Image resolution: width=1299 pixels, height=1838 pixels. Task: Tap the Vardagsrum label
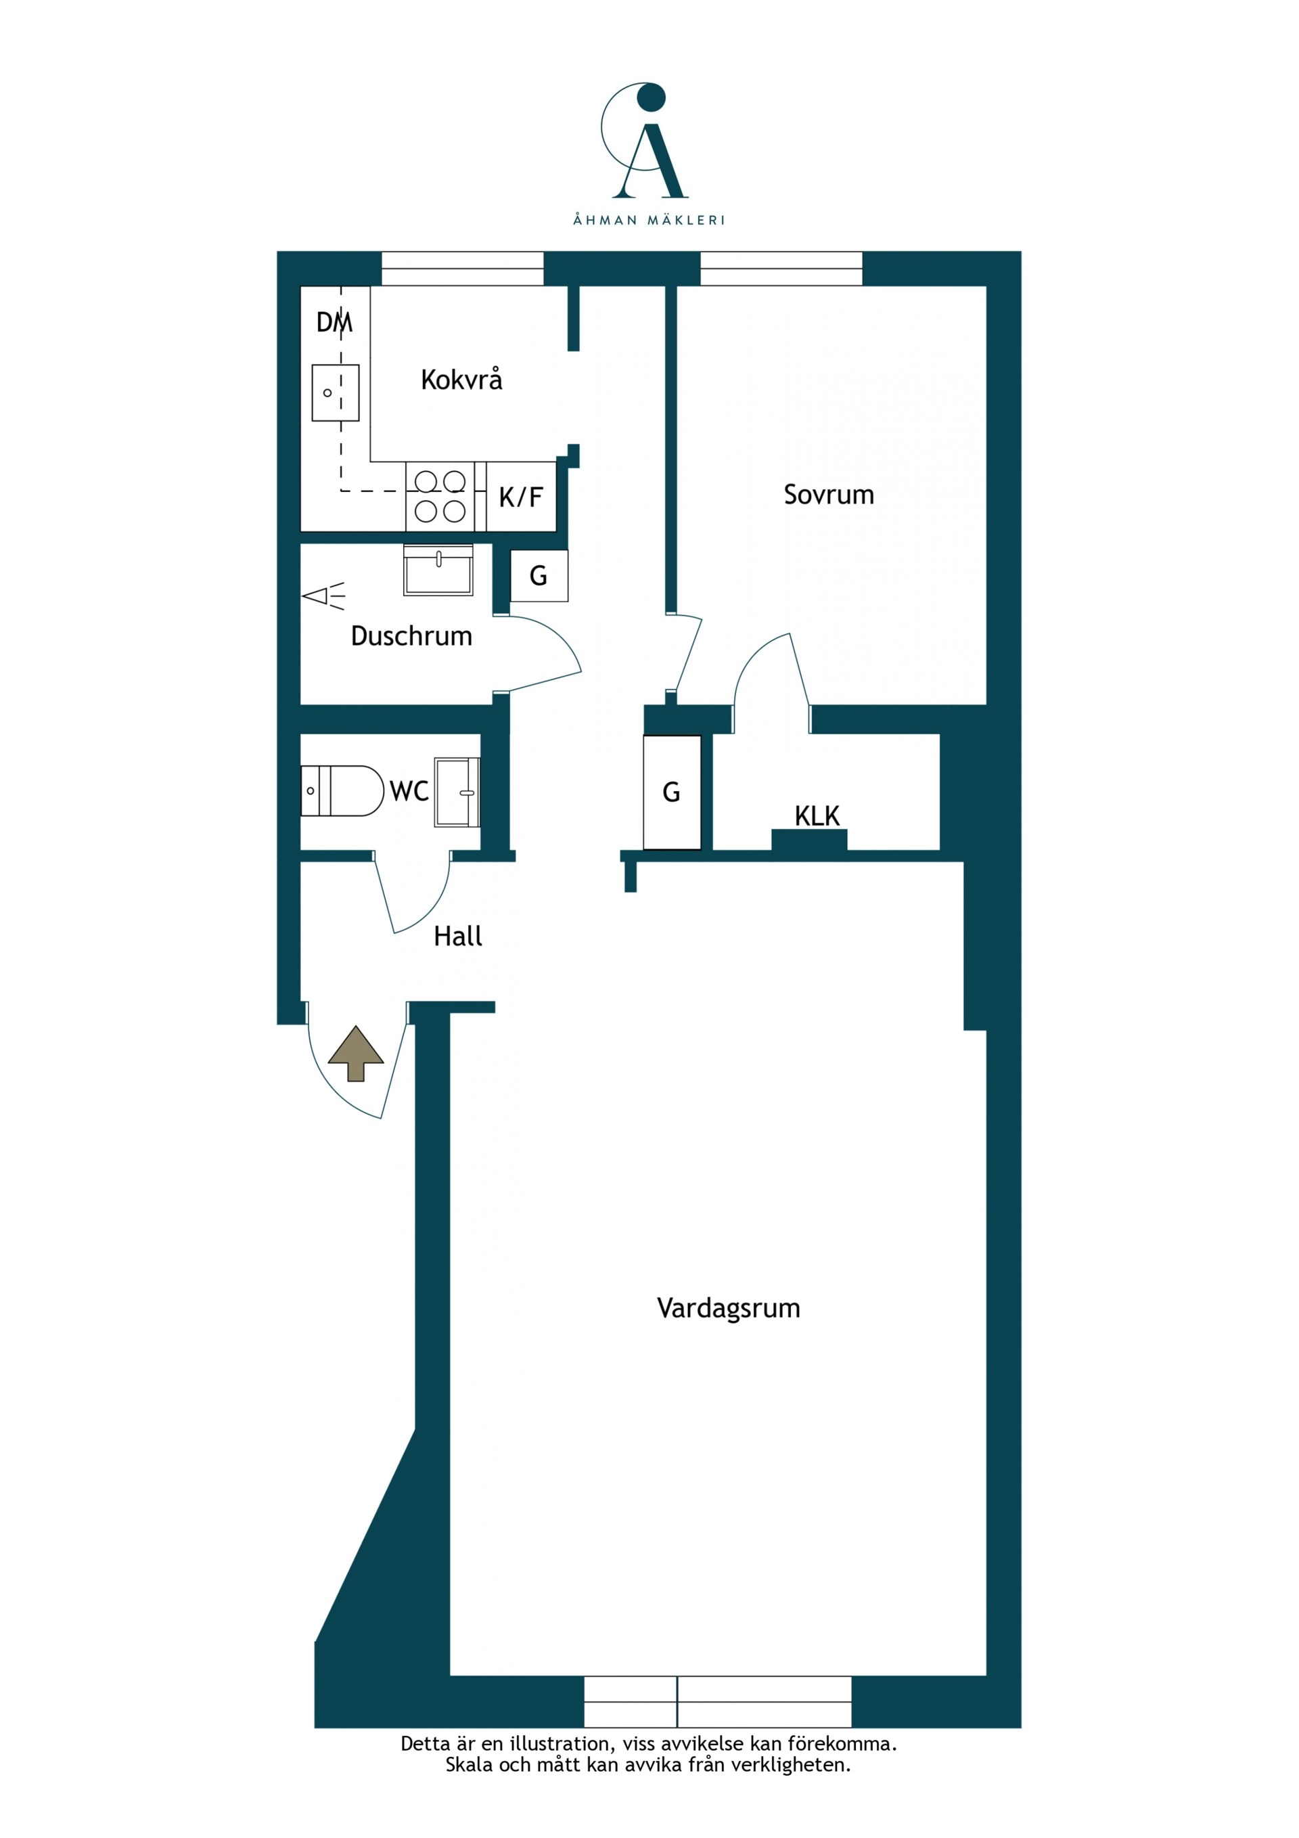(729, 1307)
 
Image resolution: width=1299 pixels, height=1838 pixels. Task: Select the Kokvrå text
(462, 379)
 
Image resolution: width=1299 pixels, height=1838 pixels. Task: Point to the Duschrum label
(411, 635)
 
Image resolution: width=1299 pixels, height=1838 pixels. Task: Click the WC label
(409, 791)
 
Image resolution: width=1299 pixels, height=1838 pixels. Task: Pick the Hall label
(458, 936)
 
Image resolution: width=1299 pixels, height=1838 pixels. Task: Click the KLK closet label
(817, 815)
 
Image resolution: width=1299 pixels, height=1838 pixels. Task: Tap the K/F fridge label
(521, 497)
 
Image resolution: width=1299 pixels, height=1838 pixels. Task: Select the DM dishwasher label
(334, 322)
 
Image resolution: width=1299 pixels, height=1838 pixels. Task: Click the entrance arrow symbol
(356, 1054)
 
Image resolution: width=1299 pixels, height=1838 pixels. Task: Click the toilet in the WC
(342, 791)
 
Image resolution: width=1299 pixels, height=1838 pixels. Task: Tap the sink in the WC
(457, 792)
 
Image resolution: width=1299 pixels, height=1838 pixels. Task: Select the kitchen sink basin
(336, 393)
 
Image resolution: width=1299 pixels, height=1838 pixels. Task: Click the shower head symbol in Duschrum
(324, 596)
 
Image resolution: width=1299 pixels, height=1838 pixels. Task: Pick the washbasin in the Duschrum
(438, 570)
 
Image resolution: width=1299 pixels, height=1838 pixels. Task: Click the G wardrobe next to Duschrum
(539, 576)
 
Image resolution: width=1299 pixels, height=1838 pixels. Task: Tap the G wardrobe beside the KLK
(673, 792)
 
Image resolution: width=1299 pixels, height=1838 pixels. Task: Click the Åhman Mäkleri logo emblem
(645, 140)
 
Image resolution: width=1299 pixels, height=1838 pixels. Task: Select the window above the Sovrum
(781, 268)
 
